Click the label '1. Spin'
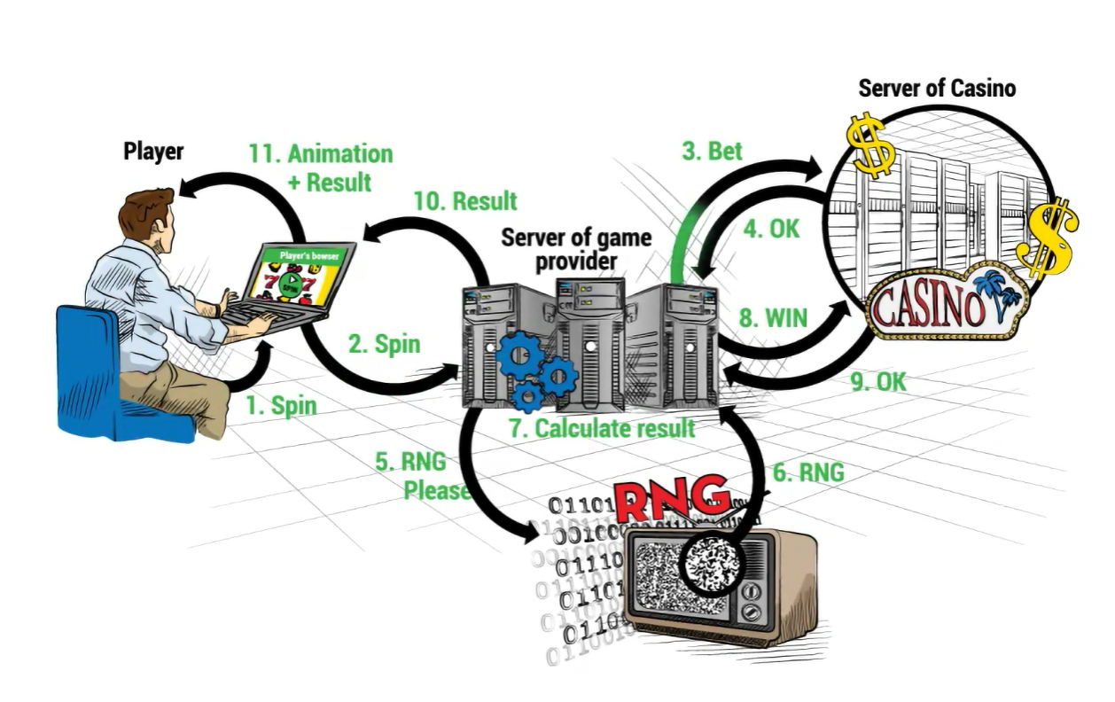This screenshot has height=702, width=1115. [x=281, y=405]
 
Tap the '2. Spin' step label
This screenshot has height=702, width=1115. [x=384, y=343]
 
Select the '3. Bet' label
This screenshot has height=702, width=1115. [x=712, y=151]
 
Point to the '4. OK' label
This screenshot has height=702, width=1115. [x=770, y=229]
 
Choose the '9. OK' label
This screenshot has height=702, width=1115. [x=878, y=382]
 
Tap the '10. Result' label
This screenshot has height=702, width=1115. [x=464, y=201]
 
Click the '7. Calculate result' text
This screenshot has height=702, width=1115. [x=602, y=428]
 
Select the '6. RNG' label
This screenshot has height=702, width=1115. [x=807, y=473]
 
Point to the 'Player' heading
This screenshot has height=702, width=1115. [x=153, y=152]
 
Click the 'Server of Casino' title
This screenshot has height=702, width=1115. [x=937, y=88]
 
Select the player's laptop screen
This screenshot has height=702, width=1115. [x=292, y=275]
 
